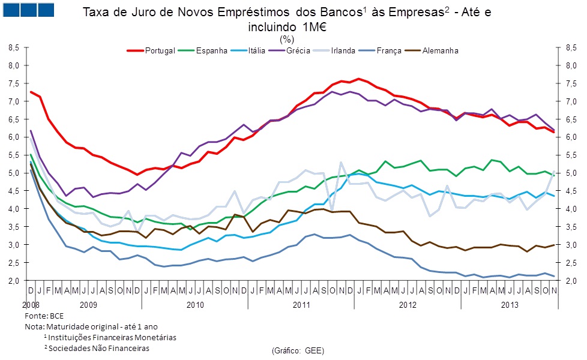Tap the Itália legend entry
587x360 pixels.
pos(257,51)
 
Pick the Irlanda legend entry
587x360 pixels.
pos(343,51)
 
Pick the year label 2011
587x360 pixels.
pos(301,305)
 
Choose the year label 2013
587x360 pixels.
pos(510,305)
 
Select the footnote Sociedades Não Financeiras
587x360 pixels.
pos(98,348)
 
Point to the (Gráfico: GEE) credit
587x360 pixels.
pos(298,349)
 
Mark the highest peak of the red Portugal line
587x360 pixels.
pos(358,79)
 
